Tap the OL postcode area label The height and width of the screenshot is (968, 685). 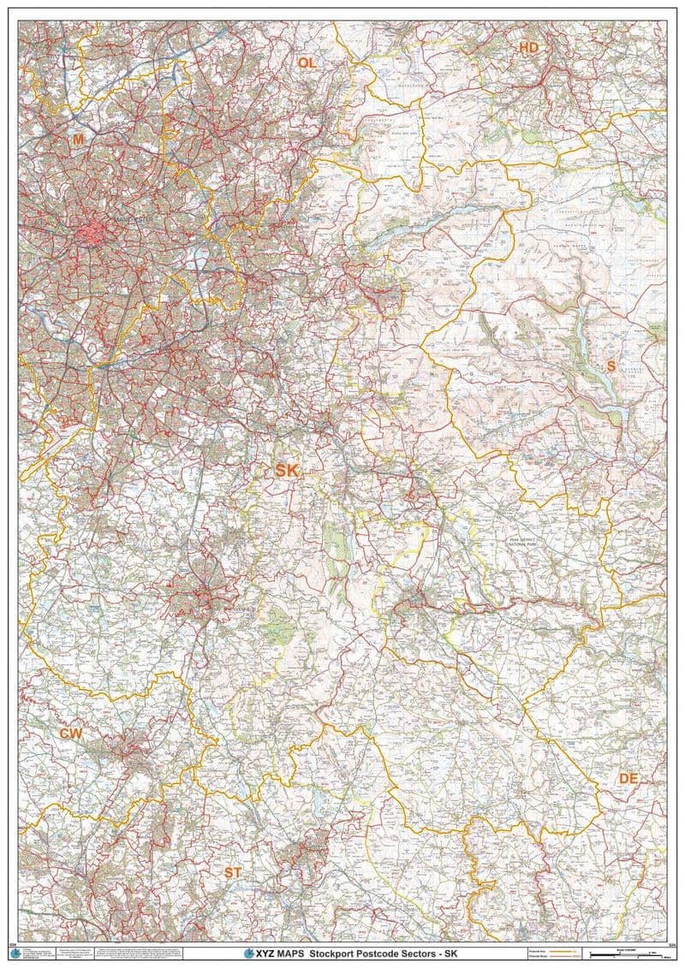(x=307, y=62)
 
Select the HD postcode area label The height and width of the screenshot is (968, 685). (x=528, y=48)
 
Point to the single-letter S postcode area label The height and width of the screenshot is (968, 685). (x=611, y=365)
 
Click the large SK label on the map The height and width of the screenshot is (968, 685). (x=287, y=471)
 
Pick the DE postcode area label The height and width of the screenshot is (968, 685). (x=628, y=778)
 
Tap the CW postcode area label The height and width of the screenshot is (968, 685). (x=70, y=733)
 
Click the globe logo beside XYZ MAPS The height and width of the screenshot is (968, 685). (x=249, y=953)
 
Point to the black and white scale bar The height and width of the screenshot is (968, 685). (x=634, y=953)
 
